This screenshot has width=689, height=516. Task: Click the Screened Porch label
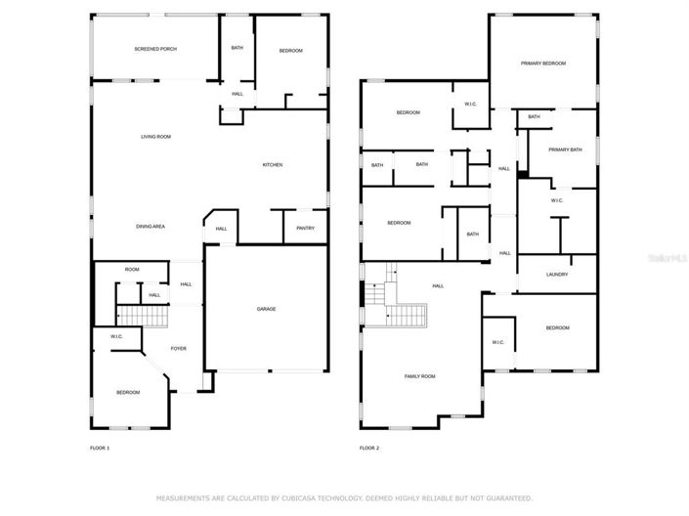point(155,48)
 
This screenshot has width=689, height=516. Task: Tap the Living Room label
point(155,137)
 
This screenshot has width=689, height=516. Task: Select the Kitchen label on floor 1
point(272,165)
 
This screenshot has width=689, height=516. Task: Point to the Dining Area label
point(150,227)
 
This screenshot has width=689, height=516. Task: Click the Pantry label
point(305,229)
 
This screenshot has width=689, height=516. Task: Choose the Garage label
point(266,309)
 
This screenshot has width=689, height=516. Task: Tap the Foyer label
point(179,349)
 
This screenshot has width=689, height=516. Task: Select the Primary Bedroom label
point(542,64)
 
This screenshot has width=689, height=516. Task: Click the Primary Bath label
point(565,150)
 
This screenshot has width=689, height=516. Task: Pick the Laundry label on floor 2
point(557,275)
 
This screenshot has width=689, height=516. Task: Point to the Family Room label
point(420,376)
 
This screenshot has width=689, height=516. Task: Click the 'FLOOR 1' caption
point(100,449)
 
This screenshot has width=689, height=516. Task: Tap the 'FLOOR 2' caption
point(368,449)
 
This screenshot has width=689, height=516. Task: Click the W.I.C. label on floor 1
point(116,337)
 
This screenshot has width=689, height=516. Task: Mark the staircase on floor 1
point(143,316)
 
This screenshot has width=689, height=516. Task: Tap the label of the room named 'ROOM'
point(131,270)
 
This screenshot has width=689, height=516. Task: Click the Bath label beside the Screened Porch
point(237,48)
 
